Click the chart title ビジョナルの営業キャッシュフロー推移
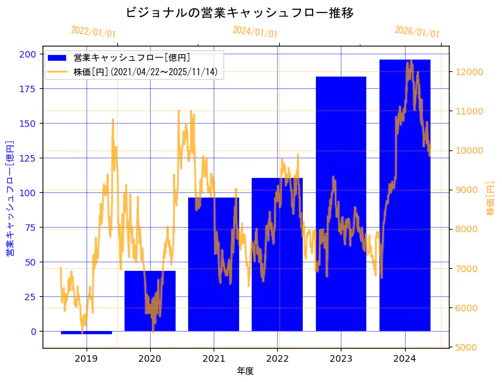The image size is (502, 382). [x=239, y=12]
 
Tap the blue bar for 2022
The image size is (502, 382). [x=277, y=254]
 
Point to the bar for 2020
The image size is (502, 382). [x=150, y=301]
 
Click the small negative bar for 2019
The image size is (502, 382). [x=87, y=333]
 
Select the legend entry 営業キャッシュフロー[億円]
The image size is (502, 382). [x=132, y=58]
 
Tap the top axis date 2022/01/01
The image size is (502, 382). [x=93, y=32]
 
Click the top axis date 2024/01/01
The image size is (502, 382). [x=255, y=32]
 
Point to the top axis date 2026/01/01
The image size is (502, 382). [x=417, y=32]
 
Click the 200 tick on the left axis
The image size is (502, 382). [x=29, y=54]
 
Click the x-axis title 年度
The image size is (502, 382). [x=245, y=371]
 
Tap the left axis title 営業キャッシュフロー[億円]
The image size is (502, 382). [x=10, y=199]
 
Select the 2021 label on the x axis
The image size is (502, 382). [x=214, y=358]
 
